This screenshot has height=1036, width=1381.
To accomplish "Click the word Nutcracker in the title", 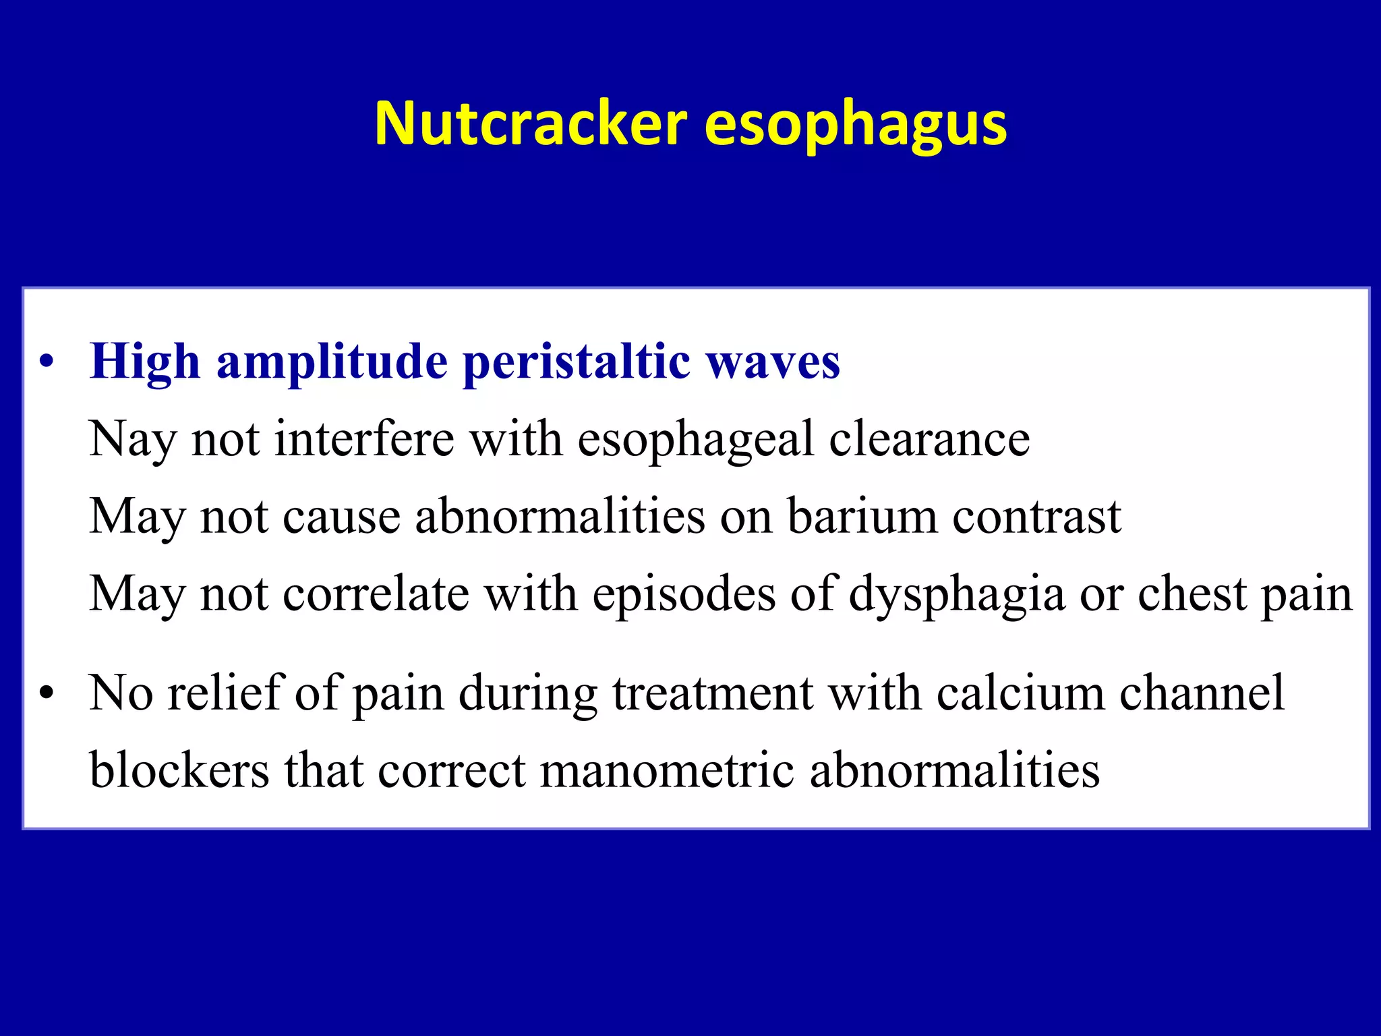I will [x=531, y=123].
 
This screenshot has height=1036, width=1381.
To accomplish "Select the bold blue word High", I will [x=145, y=362].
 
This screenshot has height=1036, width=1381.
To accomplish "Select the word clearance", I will [x=929, y=439].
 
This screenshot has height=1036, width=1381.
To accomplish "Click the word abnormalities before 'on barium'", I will [x=560, y=517].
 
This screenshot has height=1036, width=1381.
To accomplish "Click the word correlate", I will [x=376, y=594].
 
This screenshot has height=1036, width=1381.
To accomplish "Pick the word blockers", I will [x=179, y=770].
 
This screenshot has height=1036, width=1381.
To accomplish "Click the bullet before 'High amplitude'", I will [x=46, y=362].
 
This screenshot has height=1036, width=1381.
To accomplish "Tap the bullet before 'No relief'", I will [x=46, y=693].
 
